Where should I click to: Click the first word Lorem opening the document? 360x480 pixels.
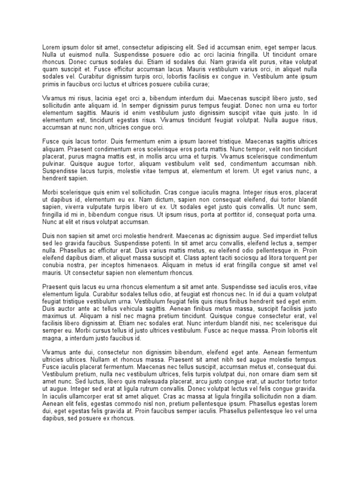point(51,48)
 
